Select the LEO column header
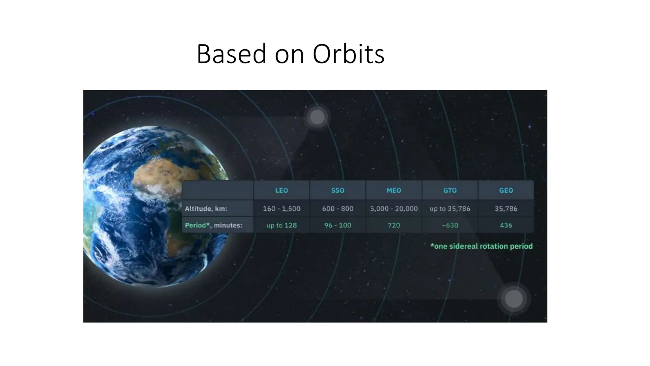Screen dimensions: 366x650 click(282, 190)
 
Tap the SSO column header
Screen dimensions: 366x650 click(338, 190)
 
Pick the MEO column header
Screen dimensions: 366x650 click(394, 190)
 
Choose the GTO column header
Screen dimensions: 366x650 click(450, 190)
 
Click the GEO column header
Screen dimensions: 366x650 click(506, 190)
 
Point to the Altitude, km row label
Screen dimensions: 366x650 click(206, 209)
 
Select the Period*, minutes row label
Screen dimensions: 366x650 click(213, 225)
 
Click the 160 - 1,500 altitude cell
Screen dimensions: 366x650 click(282, 209)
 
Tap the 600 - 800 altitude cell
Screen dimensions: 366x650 click(338, 209)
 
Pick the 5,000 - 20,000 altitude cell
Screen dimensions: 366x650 click(394, 209)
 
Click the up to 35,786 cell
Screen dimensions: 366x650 click(450, 209)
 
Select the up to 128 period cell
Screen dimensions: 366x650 click(282, 225)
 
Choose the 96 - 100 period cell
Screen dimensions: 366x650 click(338, 225)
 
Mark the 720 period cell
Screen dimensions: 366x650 click(394, 225)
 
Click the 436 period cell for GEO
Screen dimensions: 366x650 click(506, 225)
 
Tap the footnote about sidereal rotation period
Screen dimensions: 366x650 click(481, 246)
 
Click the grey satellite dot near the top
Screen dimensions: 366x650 click(317, 117)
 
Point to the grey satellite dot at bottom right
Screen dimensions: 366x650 click(514, 299)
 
